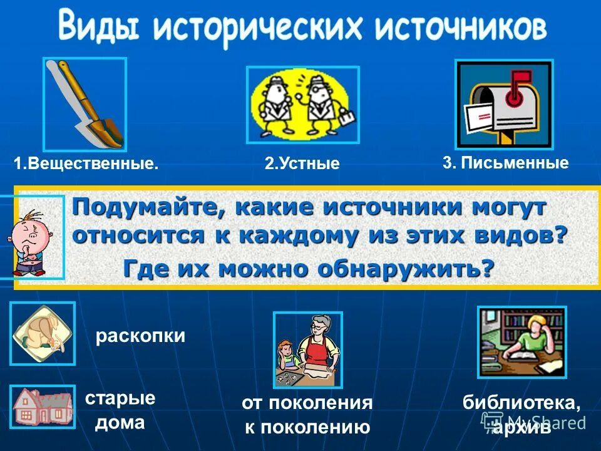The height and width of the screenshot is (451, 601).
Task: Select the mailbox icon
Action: point(504,104)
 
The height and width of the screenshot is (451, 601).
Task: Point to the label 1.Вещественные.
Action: point(86,164)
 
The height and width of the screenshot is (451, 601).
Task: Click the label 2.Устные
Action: point(302,164)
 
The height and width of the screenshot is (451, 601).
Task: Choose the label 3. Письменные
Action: point(505,163)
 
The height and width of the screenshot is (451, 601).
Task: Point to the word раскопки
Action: point(140,336)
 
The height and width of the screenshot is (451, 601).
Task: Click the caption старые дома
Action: point(120,410)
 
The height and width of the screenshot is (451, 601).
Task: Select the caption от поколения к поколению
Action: point(307,415)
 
